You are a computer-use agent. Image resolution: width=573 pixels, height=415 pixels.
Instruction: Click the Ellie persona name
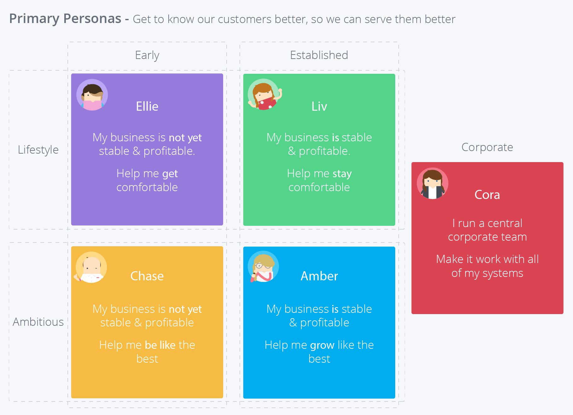point(147,106)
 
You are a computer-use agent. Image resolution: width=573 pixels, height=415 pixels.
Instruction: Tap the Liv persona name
point(319,106)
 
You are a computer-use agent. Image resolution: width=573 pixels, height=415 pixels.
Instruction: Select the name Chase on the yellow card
point(147,276)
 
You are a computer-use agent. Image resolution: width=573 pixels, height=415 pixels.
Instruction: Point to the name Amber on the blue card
point(319,276)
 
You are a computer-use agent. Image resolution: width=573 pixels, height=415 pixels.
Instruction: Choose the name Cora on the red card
point(487,195)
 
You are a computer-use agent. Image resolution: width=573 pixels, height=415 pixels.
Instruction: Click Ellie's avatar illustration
point(92,95)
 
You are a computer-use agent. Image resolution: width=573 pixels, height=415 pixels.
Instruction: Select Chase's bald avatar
point(91,267)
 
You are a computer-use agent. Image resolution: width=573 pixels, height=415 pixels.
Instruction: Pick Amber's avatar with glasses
point(263,266)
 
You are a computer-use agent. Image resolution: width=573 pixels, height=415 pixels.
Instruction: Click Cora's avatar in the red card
point(432,183)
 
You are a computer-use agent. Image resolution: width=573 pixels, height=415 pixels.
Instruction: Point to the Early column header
point(147,55)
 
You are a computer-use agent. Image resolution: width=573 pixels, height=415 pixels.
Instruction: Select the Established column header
point(319,55)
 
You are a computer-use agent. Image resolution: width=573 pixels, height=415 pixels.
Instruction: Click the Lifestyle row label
point(38,150)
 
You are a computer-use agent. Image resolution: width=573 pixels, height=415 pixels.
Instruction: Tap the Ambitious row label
point(38,322)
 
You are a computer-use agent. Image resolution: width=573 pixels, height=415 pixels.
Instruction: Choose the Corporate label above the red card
point(487,147)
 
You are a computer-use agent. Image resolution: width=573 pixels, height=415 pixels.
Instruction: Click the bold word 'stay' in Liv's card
point(342,174)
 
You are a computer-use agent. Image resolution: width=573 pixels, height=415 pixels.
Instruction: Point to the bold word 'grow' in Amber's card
point(322,345)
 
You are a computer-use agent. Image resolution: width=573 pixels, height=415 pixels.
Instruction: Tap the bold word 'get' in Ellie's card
point(170,174)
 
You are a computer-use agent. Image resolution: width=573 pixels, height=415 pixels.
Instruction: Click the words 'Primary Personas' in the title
point(65,19)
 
